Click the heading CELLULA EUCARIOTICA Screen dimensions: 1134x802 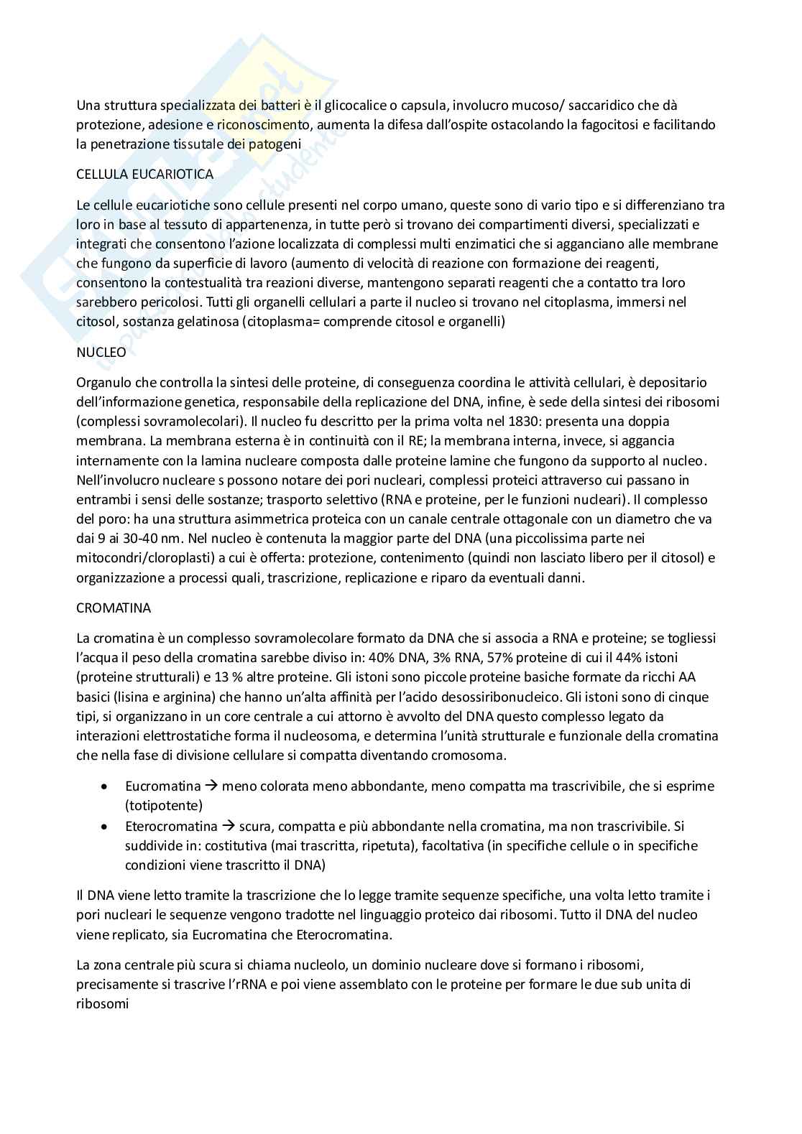click(x=144, y=174)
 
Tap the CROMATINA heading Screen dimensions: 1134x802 click(x=114, y=608)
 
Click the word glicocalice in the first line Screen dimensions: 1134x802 click(x=354, y=105)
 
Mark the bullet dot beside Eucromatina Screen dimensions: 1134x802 click(x=106, y=786)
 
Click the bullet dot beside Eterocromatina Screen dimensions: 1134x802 click(x=106, y=827)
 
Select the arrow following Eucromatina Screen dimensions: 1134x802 click(x=211, y=786)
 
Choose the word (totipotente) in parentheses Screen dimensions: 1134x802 click(x=164, y=805)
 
